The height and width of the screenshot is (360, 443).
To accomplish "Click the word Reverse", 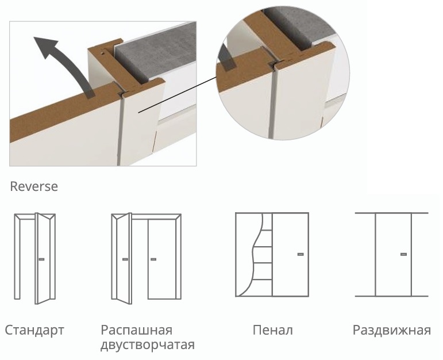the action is tap(34, 186).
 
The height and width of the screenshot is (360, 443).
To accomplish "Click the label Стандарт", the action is tap(34, 330).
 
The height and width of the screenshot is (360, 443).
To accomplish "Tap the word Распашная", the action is tap(136, 330).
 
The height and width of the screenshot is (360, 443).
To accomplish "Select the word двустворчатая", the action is tap(148, 345).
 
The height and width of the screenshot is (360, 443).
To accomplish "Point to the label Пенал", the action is tap(272, 330).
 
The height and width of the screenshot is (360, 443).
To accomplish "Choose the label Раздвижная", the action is tap(392, 330).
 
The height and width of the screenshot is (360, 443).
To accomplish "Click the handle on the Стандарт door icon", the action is tap(41, 259).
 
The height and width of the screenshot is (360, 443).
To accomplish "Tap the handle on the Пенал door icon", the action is tap(301, 254).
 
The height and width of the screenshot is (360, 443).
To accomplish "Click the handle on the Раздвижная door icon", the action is tap(404, 254).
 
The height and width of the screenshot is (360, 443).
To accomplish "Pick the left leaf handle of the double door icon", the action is tap(125, 259).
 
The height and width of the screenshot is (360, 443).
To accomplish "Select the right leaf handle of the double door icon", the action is tap(153, 259).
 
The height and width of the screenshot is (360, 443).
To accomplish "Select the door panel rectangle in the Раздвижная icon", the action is tap(393, 255).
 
